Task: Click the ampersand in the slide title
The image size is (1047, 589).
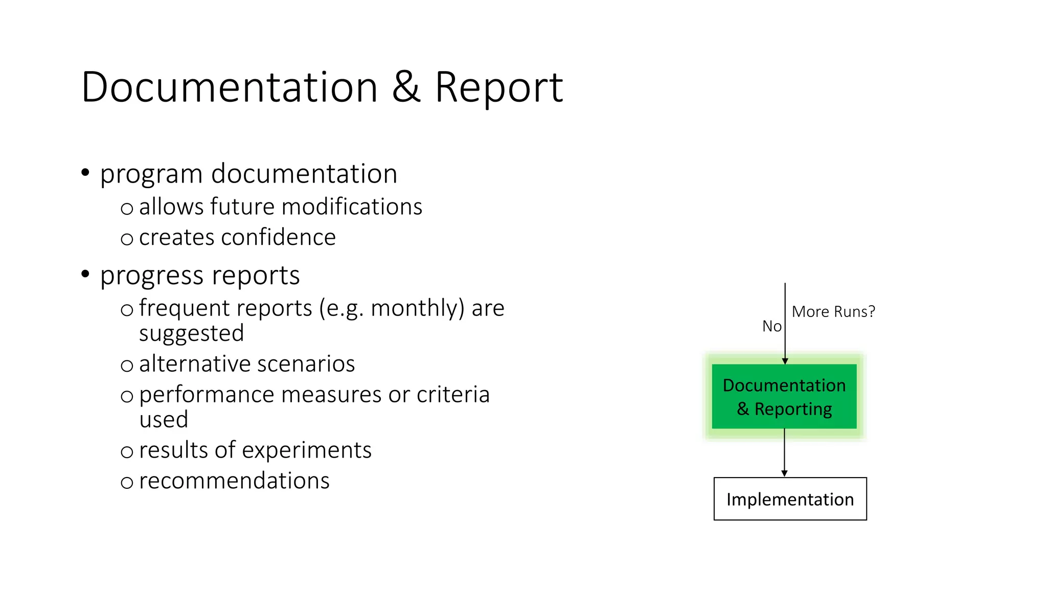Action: tap(407, 87)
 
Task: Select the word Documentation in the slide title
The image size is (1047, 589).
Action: tap(230, 87)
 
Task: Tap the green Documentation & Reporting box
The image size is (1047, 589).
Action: tap(784, 396)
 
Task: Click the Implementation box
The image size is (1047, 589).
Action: tap(790, 499)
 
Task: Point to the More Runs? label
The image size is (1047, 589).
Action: tap(833, 311)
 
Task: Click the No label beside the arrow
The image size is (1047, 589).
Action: tap(771, 326)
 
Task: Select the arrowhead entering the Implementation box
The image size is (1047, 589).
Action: tap(784, 473)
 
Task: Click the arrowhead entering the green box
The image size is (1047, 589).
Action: tap(785, 361)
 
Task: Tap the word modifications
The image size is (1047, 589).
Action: tap(352, 207)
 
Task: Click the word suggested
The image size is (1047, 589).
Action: tap(191, 334)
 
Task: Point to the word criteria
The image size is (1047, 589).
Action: tap(453, 395)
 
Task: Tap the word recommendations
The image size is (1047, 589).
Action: tap(234, 481)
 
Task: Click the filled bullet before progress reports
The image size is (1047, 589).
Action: tap(85, 275)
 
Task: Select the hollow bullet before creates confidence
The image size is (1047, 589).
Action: tap(127, 239)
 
